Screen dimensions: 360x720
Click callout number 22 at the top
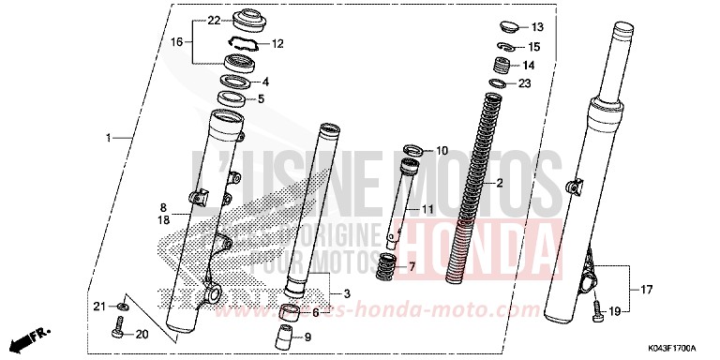coord(213,21)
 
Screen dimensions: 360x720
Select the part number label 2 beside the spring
coord(501,183)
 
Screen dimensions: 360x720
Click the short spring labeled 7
coord(386,266)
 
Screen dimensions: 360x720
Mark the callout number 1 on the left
coord(109,139)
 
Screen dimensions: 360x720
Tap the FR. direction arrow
coord(32,335)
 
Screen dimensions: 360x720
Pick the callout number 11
coord(427,208)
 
